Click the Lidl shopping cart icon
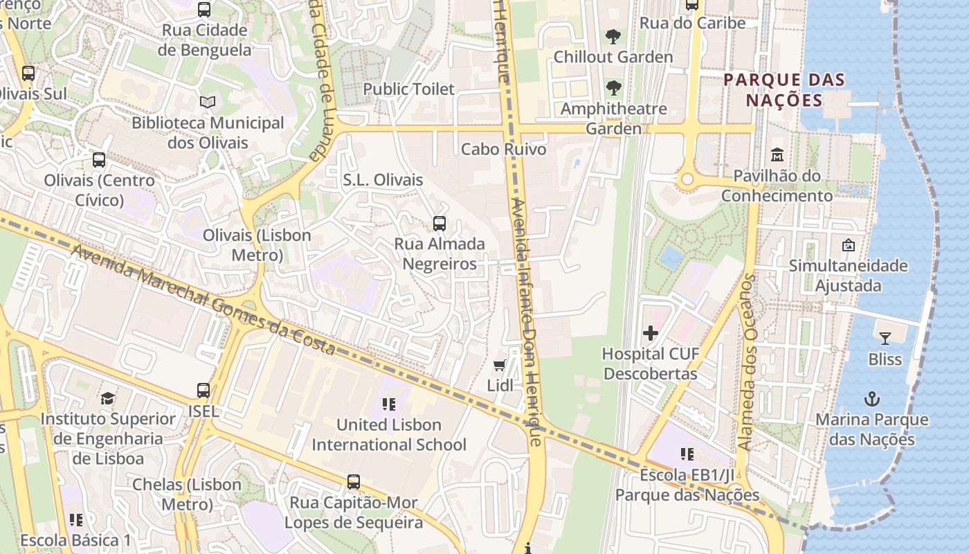(x=499, y=365)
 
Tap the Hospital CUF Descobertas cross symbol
(x=651, y=333)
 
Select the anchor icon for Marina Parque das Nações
(x=872, y=399)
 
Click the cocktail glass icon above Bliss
(x=885, y=339)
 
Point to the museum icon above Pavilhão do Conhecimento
(x=777, y=154)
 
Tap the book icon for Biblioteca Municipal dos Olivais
(x=208, y=102)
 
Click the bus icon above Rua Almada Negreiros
(x=440, y=224)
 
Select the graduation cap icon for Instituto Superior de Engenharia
(x=107, y=398)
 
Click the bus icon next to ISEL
(x=203, y=391)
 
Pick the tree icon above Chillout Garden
(x=613, y=36)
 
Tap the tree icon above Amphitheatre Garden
(x=613, y=88)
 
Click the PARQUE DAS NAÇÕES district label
(x=784, y=90)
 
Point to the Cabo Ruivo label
(x=503, y=149)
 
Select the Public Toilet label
(x=409, y=89)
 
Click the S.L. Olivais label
(x=383, y=180)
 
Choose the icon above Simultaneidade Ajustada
(x=848, y=245)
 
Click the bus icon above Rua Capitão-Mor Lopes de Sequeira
(x=354, y=482)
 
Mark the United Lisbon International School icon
(x=388, y=404)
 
